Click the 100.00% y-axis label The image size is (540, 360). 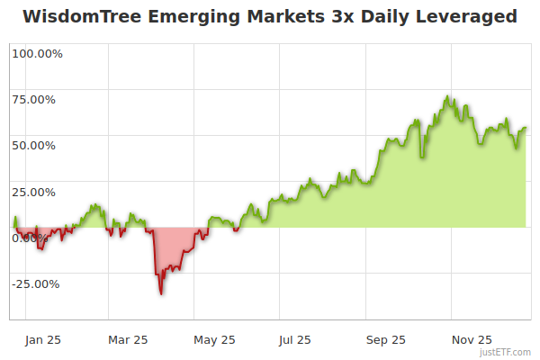coord(37,53)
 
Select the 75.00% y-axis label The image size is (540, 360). coord(37,99)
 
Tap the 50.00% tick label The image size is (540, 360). coord(37,145)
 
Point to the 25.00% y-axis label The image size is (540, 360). coord(37,192)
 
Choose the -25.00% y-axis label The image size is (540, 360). coord(37,284)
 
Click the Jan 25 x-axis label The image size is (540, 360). coord(42,340)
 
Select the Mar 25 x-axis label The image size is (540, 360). coord(128,340)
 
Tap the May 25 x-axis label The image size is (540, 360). coord(214,340)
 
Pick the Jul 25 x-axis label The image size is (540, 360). coord(295,340)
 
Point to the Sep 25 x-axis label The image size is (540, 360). coord(386,340)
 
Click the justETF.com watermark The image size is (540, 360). coord(507,352)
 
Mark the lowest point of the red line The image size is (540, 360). coord(161,293)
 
